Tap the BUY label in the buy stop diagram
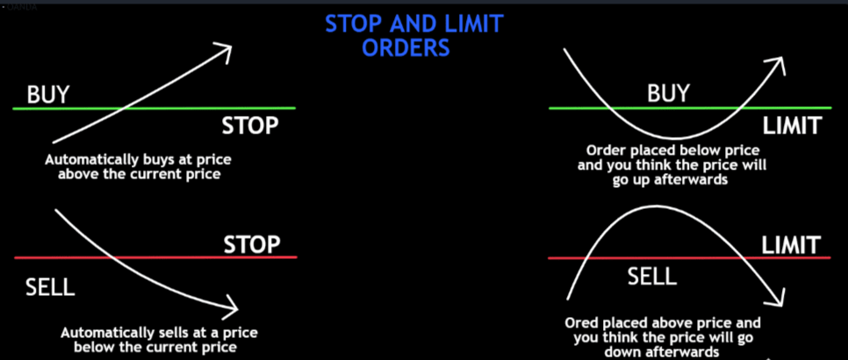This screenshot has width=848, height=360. coord(48,94)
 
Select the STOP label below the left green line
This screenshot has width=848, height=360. coord(250,126)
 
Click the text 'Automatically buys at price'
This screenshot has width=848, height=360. coord(144,161)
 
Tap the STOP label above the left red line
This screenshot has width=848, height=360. coord(251,242)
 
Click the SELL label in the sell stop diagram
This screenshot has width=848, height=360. coord(44,287)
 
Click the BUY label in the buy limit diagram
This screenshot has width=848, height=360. coord(668,93)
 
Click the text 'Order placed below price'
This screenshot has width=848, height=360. coord(667,150)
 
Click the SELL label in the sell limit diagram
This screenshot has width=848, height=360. coord(651,277)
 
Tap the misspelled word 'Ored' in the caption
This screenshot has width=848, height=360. coord(582,323)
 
